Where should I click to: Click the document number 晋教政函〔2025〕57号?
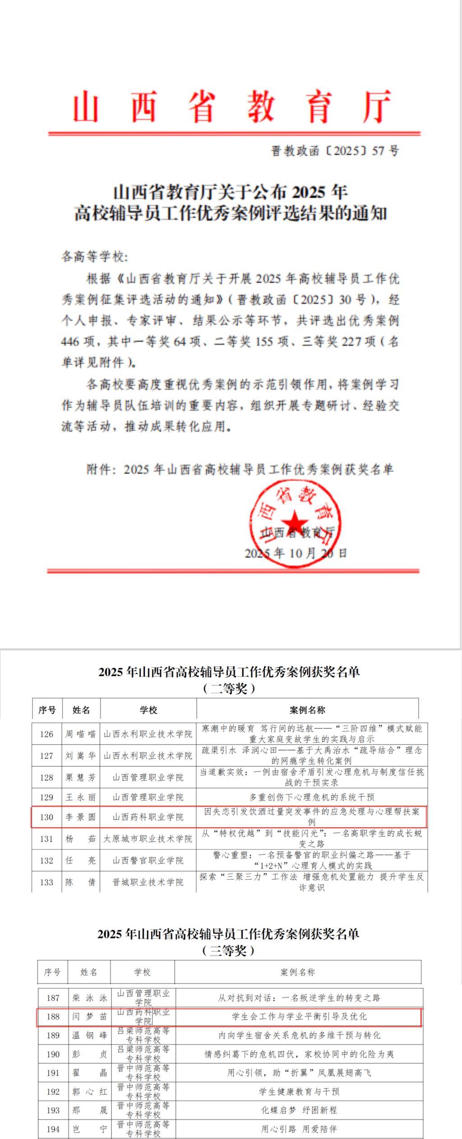tap(334, 151)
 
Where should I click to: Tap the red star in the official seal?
tap(296, 522)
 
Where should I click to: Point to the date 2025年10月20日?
tap(296, 553)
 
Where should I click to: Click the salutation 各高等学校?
tap(95, 257)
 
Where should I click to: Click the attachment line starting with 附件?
tap(240, 469)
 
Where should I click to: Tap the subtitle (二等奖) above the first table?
tap(229, 689)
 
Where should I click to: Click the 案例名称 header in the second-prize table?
tap(307, 710)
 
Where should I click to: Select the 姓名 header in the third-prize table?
tap(89, 972)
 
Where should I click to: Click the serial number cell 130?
tap(46, 817)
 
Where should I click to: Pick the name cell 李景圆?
tap(81, 817)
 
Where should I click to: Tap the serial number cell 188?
tap(53, 1016)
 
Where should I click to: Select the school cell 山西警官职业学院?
tap(148, 860)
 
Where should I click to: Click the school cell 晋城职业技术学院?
tap(148, 882)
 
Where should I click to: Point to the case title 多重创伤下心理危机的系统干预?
tap(312, 797)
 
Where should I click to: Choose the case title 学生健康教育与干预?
tap(299, 1091)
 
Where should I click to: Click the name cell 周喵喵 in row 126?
tap(81, 734)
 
